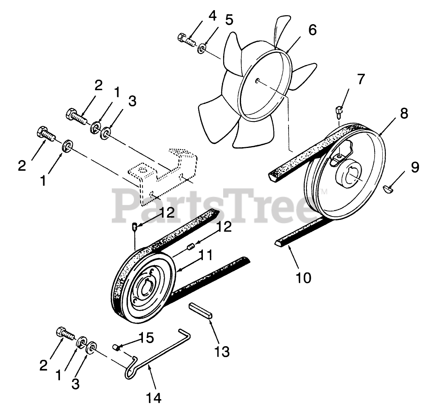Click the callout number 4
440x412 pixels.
tap(213, 16)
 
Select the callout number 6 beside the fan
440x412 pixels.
tap(312, 30)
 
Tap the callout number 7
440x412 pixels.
tap(361, 79)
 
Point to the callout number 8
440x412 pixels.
tap(403, 113)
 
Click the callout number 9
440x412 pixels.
tap(415, 167)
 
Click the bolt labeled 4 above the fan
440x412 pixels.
tap(187, 39)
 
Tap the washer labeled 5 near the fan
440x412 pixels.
tap(202, 49)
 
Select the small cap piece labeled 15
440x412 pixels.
tap(116, 347)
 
